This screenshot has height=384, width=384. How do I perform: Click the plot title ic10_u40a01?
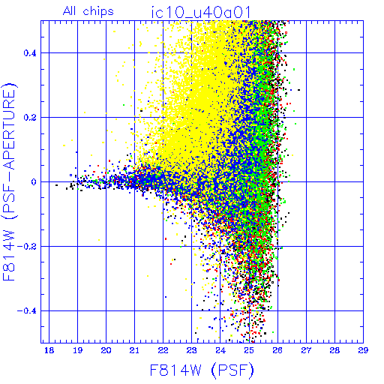[201, 13]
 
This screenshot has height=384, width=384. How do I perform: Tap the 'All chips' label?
[88, 11]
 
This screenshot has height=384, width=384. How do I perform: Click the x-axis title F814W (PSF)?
[202, 370]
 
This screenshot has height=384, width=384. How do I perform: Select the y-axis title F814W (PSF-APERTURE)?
[9, 181]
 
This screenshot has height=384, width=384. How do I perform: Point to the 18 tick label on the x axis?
[49, 350]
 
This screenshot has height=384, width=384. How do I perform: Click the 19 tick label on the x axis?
[77, 350]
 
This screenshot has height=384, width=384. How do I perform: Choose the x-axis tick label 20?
[106, 350]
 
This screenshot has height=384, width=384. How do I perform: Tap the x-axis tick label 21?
[134, 350]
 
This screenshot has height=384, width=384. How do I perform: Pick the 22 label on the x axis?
[163, 350]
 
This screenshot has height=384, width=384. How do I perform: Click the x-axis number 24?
[220, 350]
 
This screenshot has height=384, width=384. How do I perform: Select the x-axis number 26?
[277, 350]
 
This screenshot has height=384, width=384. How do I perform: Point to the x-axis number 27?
[306, 350]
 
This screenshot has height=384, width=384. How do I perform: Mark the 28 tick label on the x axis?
[334, 350]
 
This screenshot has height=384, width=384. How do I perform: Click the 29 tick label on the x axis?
[363, 350]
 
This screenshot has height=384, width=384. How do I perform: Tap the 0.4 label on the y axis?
[30, 53]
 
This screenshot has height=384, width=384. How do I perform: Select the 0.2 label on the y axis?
[30, 118]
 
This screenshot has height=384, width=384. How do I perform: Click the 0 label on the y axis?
[34, 182]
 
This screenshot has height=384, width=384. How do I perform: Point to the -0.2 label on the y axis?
[27, 247]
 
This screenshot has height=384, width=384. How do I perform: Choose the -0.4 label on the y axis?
[27, 311]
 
